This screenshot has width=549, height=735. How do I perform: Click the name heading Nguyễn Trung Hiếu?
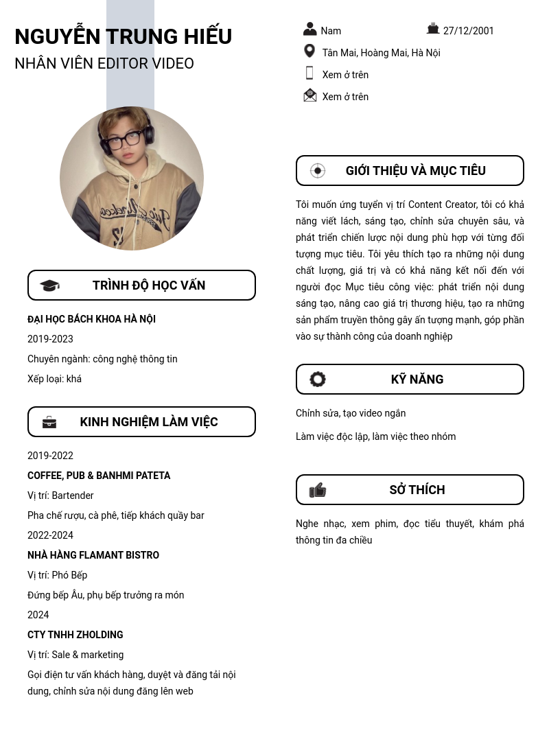pyautogui.click(x=124, y=36)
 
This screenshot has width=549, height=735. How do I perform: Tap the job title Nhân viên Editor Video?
pyautogui.click(x=104, y=64)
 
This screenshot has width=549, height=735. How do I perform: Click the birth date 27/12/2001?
pyautogui.click(x=468, y=31)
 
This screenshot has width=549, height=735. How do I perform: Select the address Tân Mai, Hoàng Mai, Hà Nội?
pyautogui.click(x=381, y=53)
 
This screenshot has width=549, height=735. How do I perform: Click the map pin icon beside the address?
pyautogui.click(x=309, y=51)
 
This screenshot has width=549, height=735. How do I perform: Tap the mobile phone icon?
pyautogui.click(x=309, y=73)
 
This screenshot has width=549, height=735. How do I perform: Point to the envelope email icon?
pyautogui.click(x=310, y=95)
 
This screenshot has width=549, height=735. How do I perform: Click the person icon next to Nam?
pyautogui.click(x=310, y=30)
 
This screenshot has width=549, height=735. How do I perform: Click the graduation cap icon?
pyautogui.click(x=49, y=285)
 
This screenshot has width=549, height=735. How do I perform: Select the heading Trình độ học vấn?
pyautogui.click(x=149, y=285)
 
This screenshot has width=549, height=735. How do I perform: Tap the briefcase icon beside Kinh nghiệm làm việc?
pyautogui.click(x=49, y=422)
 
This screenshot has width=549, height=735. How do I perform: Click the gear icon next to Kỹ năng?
pyautogui.click(x=318, y=380)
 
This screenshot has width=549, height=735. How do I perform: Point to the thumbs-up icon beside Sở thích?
pyautogui.click(x=318, y=490)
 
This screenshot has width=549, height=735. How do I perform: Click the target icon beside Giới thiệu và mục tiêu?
pyautogui.click(x=318, y=171)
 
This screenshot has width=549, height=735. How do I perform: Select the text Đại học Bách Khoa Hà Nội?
pyautogui.click(x=91, y=319)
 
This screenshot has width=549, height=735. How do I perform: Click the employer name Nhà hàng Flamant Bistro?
pyautogui.click(x=93, y=555)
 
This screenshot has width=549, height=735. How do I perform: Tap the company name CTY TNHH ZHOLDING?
pyautogui.click(x=75, y=635)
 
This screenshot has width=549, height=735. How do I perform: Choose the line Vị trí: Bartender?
pyautogui.click(x=60, y=495)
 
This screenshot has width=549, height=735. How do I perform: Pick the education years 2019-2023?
pyautogui.click(x=50, y=339)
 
